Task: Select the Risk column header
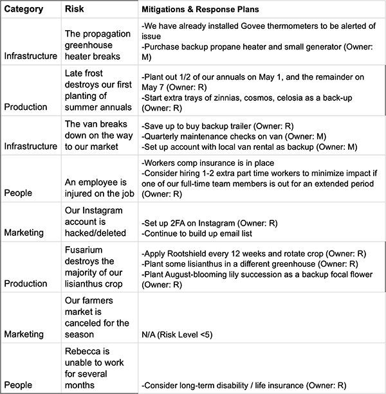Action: (x=77, y=10)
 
